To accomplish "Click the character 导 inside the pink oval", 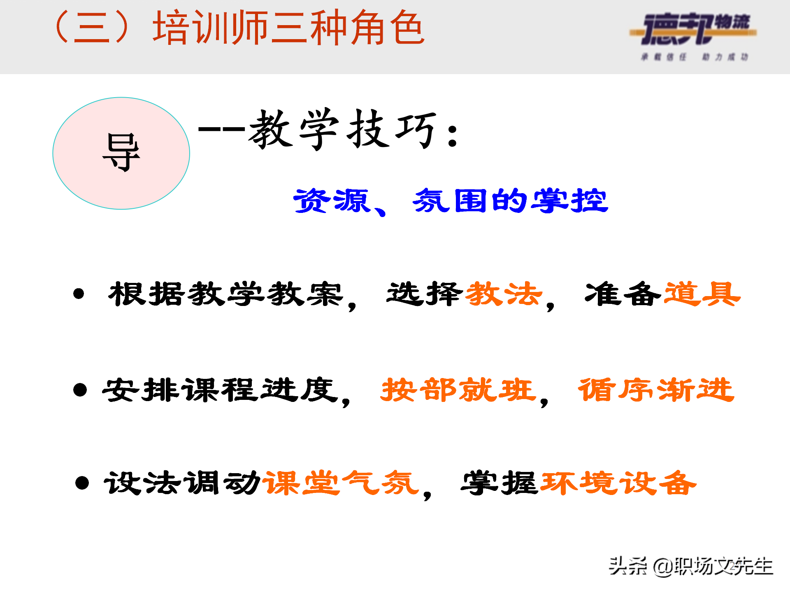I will [121, 153].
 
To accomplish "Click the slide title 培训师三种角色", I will [288, 28].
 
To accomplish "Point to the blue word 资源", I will [332, 201].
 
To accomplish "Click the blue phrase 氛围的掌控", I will [510, 201].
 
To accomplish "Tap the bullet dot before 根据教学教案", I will [79, 294].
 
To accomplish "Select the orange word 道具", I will [702, 294].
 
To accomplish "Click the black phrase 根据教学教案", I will [225, 294].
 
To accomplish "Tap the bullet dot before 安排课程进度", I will [80, 390].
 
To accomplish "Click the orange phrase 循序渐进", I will [656, 390].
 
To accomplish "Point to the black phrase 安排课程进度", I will [220, 390].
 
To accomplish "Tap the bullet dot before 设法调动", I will [82, 483].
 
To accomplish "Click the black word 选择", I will [424, 294].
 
